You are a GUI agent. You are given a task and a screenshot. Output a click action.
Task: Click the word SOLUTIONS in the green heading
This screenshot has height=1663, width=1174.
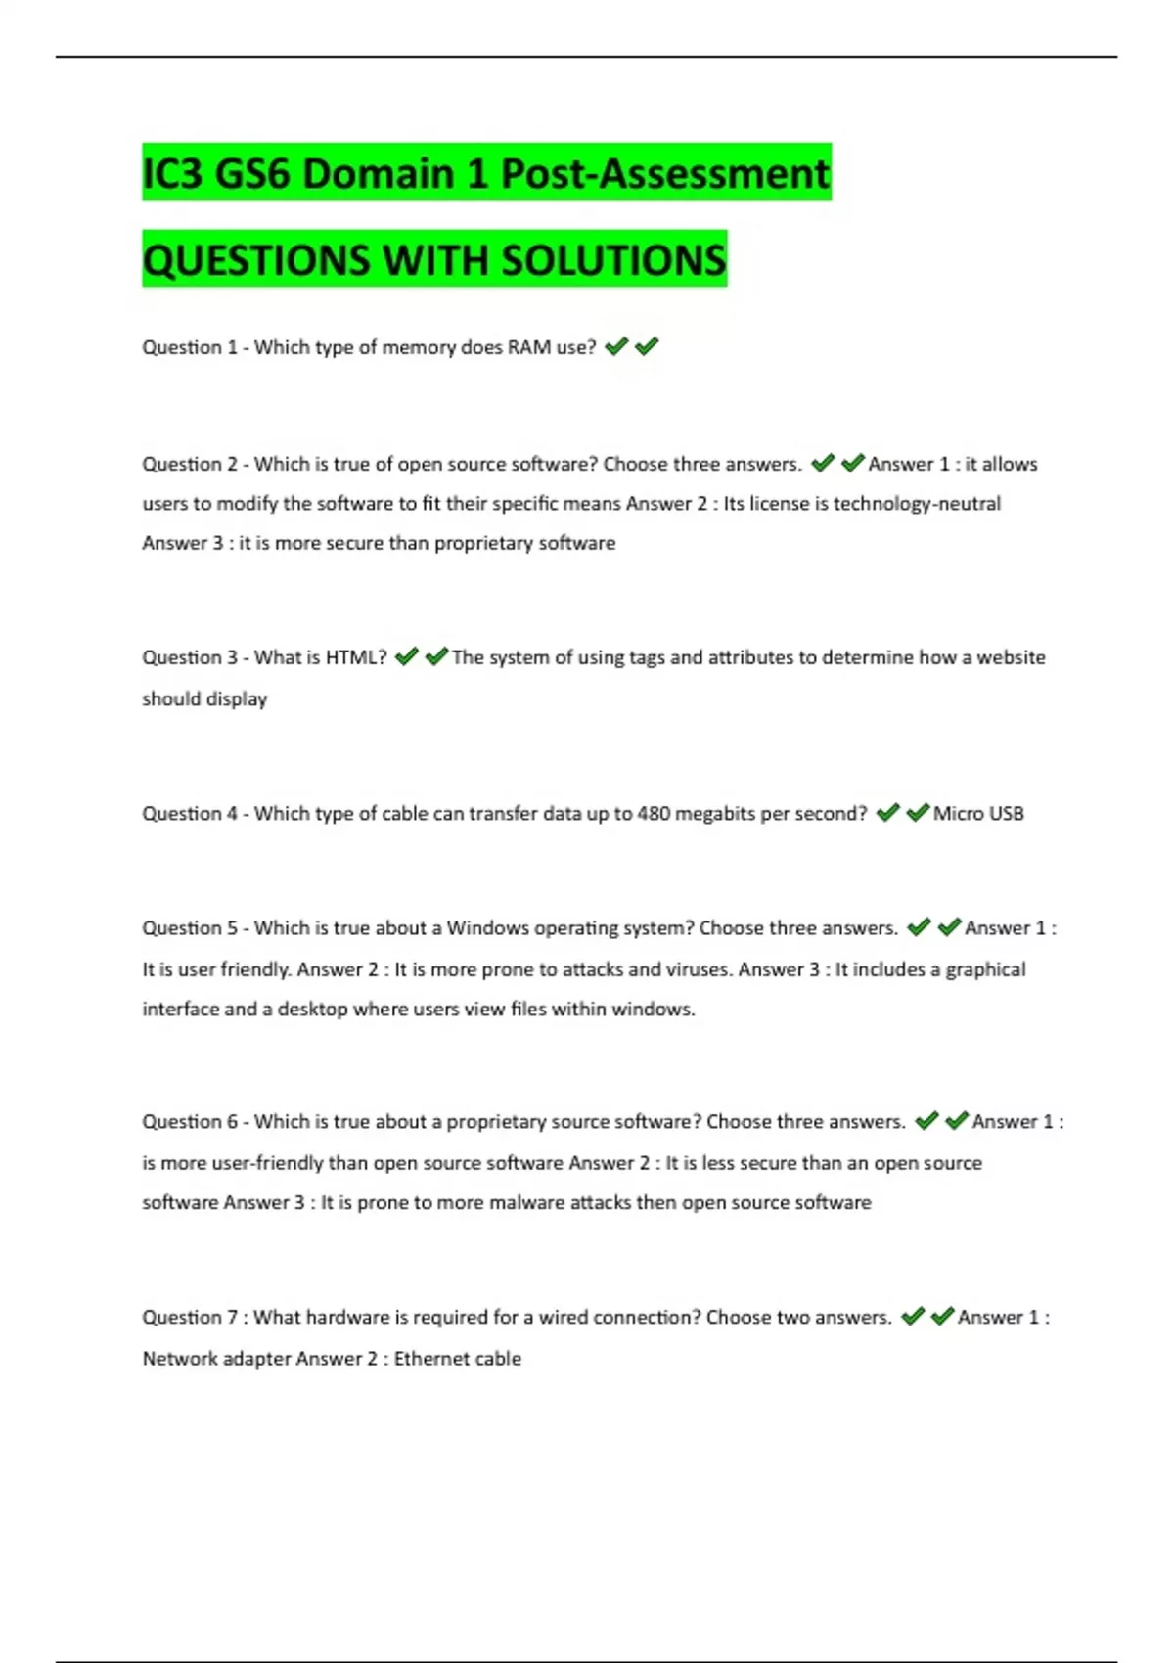(x=613, y=260)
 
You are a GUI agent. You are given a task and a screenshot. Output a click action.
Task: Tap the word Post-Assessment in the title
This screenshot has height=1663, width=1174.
(x=665, y=174)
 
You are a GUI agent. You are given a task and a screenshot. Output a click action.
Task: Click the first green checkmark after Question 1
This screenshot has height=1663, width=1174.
(x=616, y=346)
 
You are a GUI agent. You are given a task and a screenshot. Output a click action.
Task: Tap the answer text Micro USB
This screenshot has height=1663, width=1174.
(x=978, y=814)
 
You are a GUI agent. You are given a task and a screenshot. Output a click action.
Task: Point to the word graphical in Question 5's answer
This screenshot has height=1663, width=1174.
(x=985, y=969)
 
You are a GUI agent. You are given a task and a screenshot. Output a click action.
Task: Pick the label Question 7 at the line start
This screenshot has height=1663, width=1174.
(x=189, y=1318)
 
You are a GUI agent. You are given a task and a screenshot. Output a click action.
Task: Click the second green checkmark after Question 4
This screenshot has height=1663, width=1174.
(x=918, y=813)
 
